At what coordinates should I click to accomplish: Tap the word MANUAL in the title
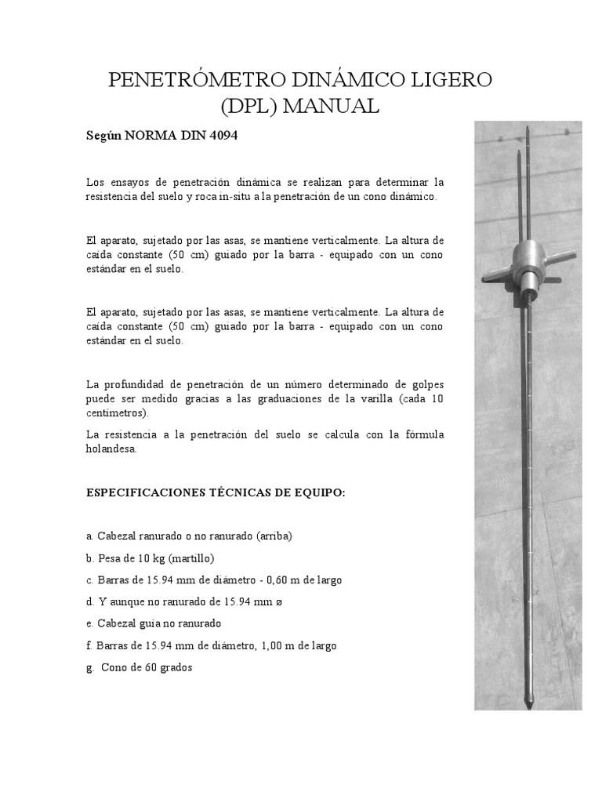tap(332, 106)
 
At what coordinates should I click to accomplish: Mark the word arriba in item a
tap(274, 536)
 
